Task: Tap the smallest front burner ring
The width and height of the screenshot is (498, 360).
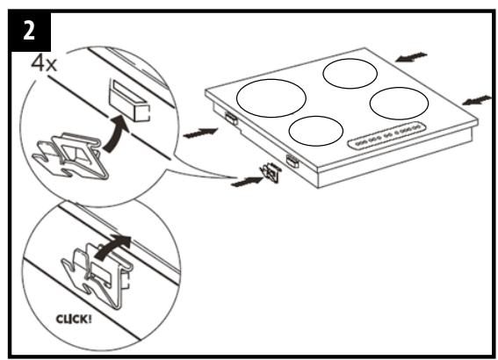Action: pyautogui.click(x=315, y=130)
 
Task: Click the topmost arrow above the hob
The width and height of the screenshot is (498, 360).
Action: pyautogui.click(x=410, y=57)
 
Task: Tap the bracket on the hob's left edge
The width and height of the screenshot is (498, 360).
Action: pyautogui.click(x=230, y=118)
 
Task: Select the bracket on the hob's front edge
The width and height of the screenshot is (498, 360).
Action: pyautogui.click(x=293, y=161)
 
